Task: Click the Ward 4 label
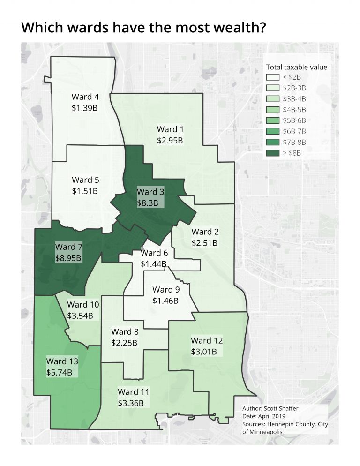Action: [x=85, y=97]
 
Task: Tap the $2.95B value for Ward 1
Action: [x=170, y=140]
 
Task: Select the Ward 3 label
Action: [x=150, y=192]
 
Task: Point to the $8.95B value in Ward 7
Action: [x=68, y=258]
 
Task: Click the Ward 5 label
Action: [x=85, y=180]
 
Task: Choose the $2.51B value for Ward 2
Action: [x=205, y=243]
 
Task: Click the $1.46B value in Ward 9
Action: [x=165, y=301]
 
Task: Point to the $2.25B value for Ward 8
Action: [x=124, y=343]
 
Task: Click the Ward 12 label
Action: [x=207, y=340]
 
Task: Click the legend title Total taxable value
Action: [x=296, y=67]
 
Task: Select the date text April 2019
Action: [x=276, y=416]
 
